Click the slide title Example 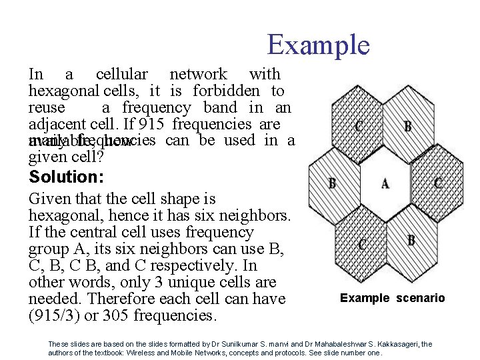[318, 45]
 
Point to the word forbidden [226, 91]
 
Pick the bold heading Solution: [62, 177]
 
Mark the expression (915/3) [53, 315]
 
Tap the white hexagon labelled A [385, 183]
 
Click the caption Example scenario [392, 298]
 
